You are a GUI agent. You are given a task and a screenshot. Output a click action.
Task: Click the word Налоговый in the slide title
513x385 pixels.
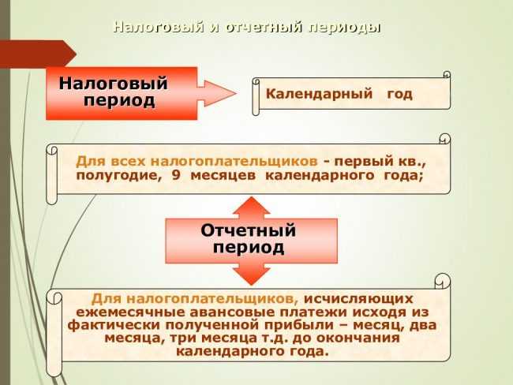click(x=157, y=28)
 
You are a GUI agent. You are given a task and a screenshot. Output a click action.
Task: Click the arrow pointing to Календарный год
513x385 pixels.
click(x=216, y=92)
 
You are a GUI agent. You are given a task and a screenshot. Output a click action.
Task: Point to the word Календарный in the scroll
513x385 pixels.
click(x=319, y=94)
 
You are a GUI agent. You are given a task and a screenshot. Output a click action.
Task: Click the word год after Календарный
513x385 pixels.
click(x=399, y=94)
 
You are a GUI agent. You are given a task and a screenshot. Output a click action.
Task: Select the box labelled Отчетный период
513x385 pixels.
click(x=249, y=239)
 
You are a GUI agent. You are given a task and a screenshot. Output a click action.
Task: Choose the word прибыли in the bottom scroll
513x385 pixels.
click(x=309, y=325)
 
